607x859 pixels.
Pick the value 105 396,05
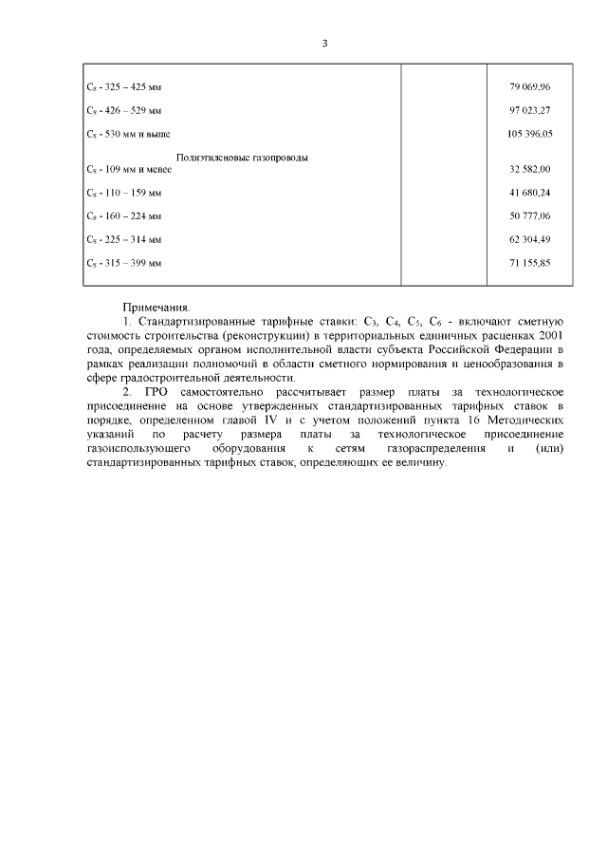click(530, 135)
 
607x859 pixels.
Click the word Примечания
click(156, 308)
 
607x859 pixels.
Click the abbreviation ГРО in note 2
click(157, 391)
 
